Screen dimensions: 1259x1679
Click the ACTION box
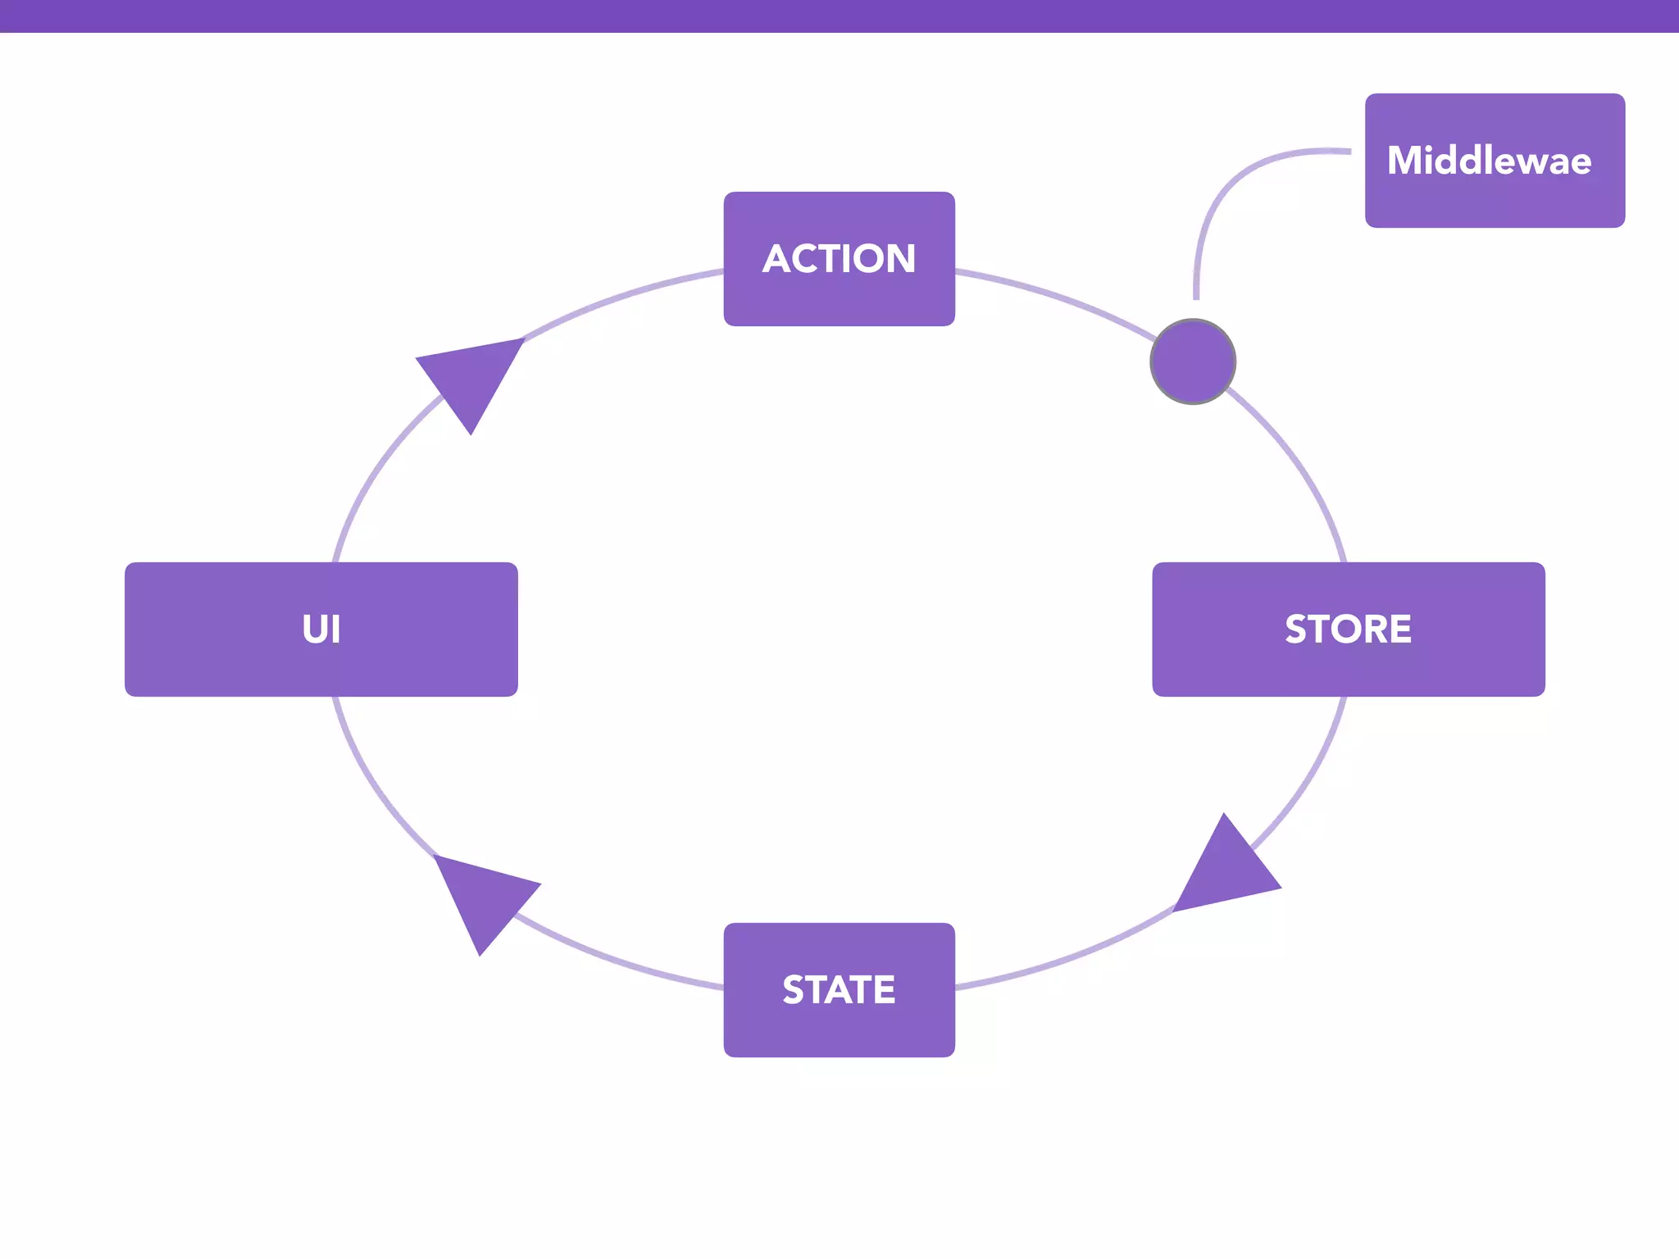pos(839,259)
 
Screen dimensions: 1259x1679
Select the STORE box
pos(1348,629)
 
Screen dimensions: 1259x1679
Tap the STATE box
pos(839,989)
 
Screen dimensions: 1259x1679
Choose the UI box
pos(321,629)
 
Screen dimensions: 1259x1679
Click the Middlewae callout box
pos(1494,161)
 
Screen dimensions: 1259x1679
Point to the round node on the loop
pos(1193,361)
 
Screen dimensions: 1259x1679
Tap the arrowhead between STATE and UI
pos(484,898)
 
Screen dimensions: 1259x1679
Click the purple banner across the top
pos(839,16)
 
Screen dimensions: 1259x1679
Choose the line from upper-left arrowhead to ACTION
pos(623,296)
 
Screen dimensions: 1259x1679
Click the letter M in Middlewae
pos(1405,161)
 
